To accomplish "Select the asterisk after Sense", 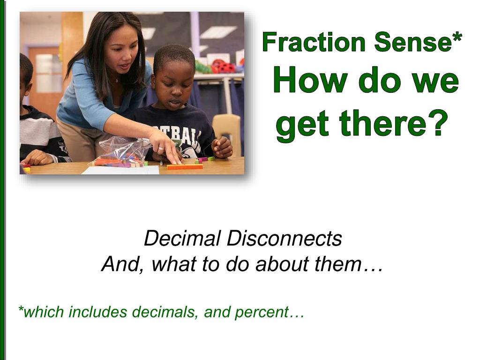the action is coord(457,37).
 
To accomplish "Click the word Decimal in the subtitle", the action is coord(182,238).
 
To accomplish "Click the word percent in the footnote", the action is coord(262,313).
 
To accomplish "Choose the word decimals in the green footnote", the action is coord(165,312).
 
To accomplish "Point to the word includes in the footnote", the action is coord(97,312).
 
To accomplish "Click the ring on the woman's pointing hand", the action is coord(161,149).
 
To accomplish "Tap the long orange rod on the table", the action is coord(185,166).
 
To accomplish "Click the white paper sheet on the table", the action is coord(121,170).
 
